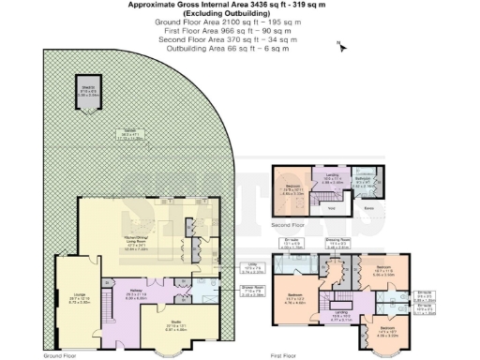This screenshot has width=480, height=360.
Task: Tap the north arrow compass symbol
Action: click(x=341, y=44)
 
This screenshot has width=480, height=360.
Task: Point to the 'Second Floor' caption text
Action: click(x=289, y=225)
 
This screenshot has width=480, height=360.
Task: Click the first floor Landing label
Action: click(x=342, y=316)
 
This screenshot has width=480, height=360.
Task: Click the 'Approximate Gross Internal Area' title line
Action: click(x=239, y=5)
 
